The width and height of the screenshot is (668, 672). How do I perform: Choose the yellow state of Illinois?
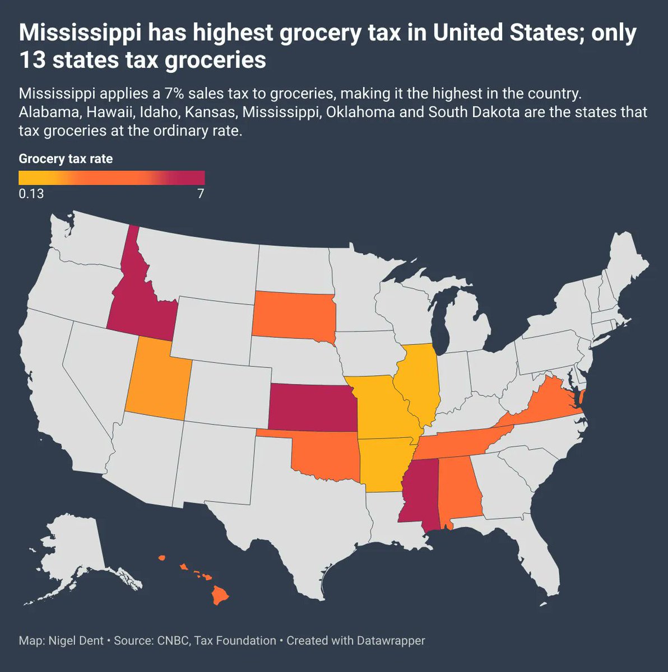[x=417, y=381]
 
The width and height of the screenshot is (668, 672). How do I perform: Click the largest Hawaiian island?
[x=220, y=596]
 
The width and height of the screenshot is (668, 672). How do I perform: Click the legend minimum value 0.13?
[x=31, y=194]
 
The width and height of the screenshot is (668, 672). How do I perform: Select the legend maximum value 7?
[x=201, y=194]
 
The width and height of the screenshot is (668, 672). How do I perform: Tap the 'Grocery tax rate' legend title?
[x=66, y=159]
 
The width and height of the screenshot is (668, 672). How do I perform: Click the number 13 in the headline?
[x=32, y=60]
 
